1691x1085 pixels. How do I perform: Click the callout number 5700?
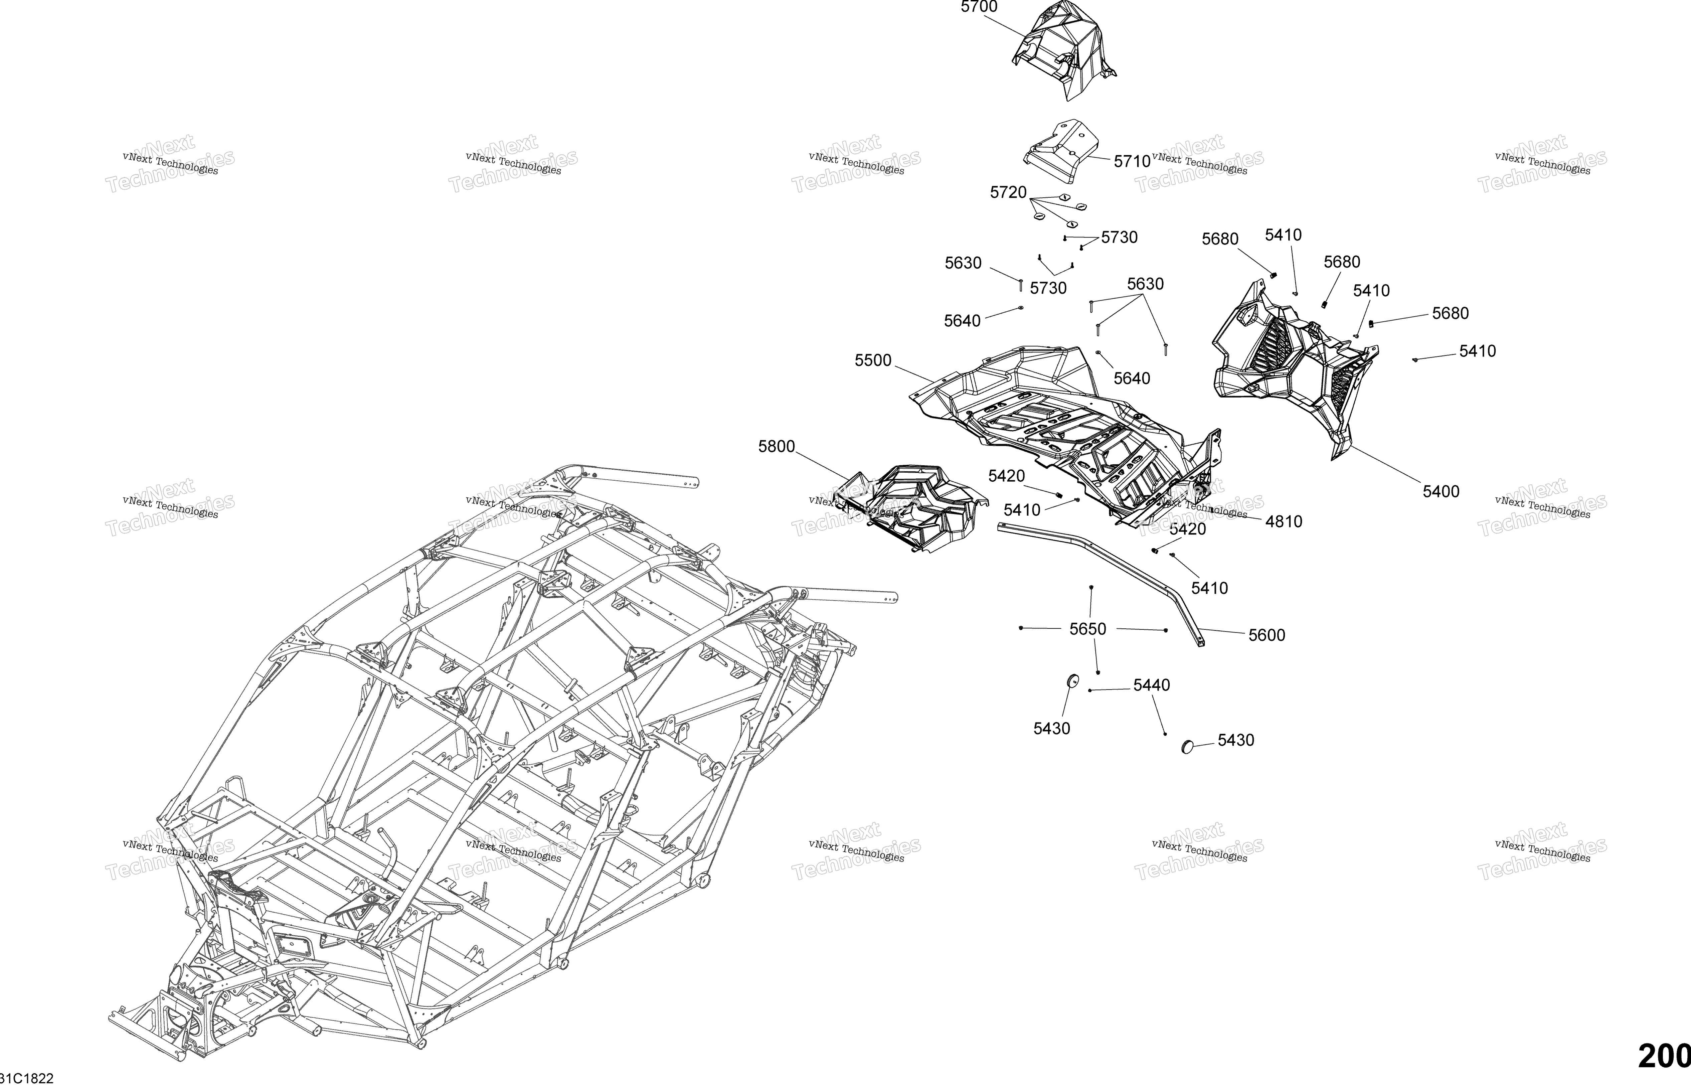coord(979,7)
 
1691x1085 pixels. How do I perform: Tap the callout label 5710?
coord(1132,161)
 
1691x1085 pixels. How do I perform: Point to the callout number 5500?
coord(873,361)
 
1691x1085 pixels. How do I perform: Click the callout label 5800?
coord(777,447)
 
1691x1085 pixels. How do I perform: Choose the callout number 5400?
coord(1441,492)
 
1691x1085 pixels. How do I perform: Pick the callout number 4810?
coord(1284,522)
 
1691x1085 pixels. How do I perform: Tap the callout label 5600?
coord(1267,635)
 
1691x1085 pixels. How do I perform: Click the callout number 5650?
coord(1088,629)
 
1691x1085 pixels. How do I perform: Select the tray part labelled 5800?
coord(912,507)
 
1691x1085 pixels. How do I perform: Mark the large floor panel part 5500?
coord(1063,430)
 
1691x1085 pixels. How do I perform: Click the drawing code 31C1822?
coord(27,1078)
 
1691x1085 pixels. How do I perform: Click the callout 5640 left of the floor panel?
coord(962,321)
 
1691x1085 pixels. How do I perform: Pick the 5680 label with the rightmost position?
coord(1450,314)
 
